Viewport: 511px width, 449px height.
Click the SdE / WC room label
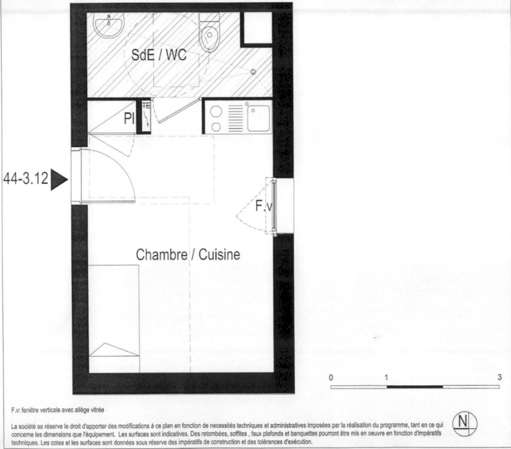click(x=159, y=55)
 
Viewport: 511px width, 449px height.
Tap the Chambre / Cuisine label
click(x=188, y=254)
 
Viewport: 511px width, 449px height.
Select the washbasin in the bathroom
click(x=108, y=24)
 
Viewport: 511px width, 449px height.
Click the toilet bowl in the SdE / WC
click(x=209, y=33)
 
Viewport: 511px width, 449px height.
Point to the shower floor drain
click(x=253, y=72)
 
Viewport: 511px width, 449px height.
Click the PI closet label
click(x=129, y=118)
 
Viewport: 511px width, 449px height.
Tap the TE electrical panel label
click(x=146, y=106)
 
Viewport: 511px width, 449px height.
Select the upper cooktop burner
click(x=216, y=112)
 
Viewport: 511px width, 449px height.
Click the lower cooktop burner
click(x=216, y=126)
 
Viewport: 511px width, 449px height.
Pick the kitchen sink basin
click(x=258, y=118)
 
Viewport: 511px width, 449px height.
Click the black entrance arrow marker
click(x=59, y=180)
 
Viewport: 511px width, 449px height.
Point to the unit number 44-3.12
click(x=26, y=178)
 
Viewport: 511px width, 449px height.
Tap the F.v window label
click(x=263, y=206)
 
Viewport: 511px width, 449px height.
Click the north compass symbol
click(x=465, y=424)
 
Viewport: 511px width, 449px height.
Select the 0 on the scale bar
click(x=331, y=378)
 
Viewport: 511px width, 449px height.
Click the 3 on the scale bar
click(x=500, y=377)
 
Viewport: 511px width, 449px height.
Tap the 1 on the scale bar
click(x=386, y=378)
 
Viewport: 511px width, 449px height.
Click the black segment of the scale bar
click(x=415, y=387)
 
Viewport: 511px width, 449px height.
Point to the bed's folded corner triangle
click(x=114, y=350)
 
